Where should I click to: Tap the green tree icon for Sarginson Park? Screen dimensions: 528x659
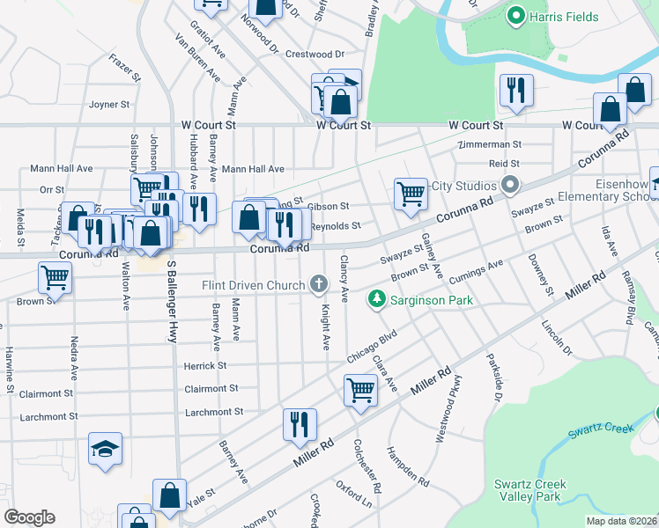pyautogui.click(x=377, y=300)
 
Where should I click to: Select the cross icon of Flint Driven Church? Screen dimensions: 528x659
pyautogui.click(x=318, y=283)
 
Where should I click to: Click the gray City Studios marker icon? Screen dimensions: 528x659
pyautogui.click(x=509, y=186)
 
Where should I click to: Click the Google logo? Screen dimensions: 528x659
pyautogui.click(x=29, y=517)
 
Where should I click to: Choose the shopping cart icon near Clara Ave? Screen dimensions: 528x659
pyautogui.click(x=360, y=389)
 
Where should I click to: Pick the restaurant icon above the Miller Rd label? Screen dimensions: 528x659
pyautogui.click(x=300, y=425)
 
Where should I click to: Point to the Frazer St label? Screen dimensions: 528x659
pyautogui.click(x=125, y=66)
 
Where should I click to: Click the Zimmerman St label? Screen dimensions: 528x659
pyautogui.click(x=489, y=144)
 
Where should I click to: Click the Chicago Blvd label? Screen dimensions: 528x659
pyautogui.click(x=373, y=346)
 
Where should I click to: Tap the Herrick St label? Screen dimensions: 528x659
pyautogui.click(x=204, y=365)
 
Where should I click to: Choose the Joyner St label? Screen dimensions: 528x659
pyautogui.click(x=109, y=104)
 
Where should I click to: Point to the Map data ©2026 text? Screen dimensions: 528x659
pyautogui.click(x=621, y=521)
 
